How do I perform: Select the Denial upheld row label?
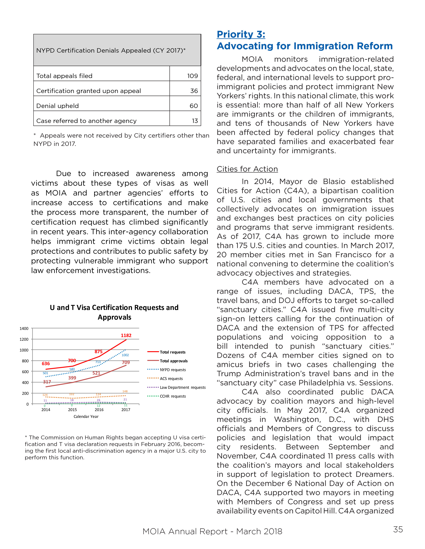pyautogui.click(x=57, y=106)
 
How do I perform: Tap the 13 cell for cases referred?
pyautogui.click(x=195, y=121)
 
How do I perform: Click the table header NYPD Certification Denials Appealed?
pyautogui.click(x=111, y=51)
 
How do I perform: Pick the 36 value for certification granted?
pyautogui.click(x=194, y=91)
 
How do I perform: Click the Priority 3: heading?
pyautogui.click(x=241, y=34)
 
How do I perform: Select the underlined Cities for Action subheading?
pyautogui.click(x=247, y=169)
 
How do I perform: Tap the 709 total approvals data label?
pyautogui.click(x=126, y=362)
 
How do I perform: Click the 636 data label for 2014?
pyautogui.click(x=46, y=364)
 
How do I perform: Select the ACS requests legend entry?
pyautogui.click(x=171, y=379)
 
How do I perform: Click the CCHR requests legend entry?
pyautogui.click(x=173, y=396)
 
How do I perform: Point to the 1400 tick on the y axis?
pyautogui.click(x=24, y=329)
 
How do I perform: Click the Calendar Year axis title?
pyautogui.click(x=86, y=417)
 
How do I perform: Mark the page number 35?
pyautogui.click(x=398, y=529)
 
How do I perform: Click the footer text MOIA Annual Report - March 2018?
pyautogui.click(x=212, y=531)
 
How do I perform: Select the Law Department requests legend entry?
pyautogui.click(x=182, y=387)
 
